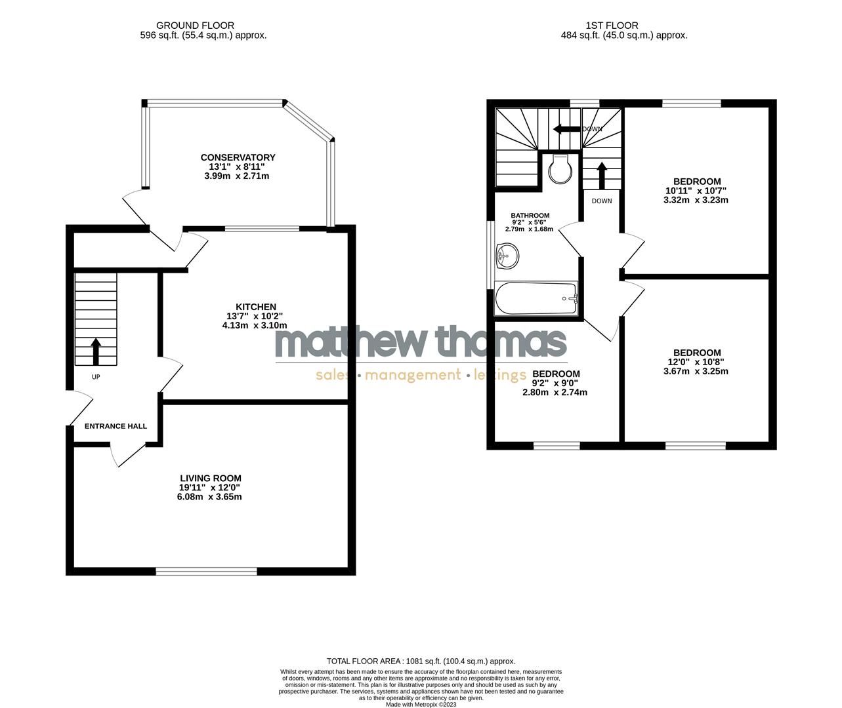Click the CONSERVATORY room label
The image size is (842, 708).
238,157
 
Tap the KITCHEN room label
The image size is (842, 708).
256,307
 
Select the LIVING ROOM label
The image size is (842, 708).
211,479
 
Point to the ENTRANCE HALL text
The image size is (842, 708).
116,426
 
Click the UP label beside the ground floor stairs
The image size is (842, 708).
96,377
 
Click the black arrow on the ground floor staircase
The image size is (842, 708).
96,351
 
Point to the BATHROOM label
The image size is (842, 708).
530,216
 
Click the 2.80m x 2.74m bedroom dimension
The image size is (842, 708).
555,393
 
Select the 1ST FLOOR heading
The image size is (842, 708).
624,26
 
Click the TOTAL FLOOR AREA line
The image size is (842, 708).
421,661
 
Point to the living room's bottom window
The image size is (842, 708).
206,572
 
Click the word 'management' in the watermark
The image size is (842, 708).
413,375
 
